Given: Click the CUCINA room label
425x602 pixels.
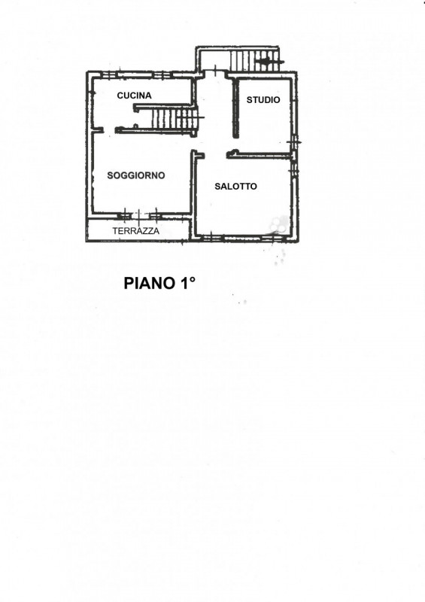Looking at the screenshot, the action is pyautogui.click(x=134, y=96).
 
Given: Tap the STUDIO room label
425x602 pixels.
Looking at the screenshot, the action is pyautogui.click(x=263, y=100).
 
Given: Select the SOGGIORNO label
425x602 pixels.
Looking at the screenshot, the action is pyautogui.click(x=136, y=175).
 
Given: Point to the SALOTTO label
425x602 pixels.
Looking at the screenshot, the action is pyautogui.click(x=235, y=187).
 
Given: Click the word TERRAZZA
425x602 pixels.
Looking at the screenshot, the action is pyautogui.click(x=136, y=231).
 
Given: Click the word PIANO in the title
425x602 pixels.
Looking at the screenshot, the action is pyautogui.click(x=149, y=284).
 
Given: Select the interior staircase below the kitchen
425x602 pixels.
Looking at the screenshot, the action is pyautogui.click(x=174, y=118).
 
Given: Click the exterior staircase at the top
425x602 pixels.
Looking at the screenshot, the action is pyautogui.click(x=253, y=60).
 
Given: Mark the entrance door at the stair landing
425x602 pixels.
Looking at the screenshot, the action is pyautogui.click(x=216, y=71).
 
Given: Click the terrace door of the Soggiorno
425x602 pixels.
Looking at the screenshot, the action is pyautogui.click(x=139, y=216).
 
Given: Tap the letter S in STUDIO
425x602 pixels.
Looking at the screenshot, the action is pyautogui.click(x=250, y=100).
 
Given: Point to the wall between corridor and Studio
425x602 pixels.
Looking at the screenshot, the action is pyautogui.click(x=236, y=108).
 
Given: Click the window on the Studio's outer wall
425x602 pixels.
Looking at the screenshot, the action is pyautogui.click(x=294, y=142).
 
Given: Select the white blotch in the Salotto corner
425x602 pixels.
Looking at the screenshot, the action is pyautogui.click(x=279, y=224).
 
